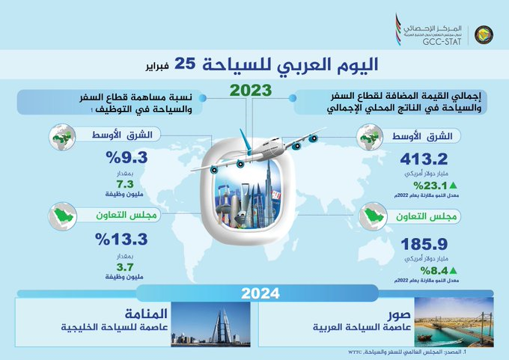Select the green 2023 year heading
point(251,91)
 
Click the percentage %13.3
point(121,240)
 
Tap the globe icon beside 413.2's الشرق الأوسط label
point(369,137)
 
